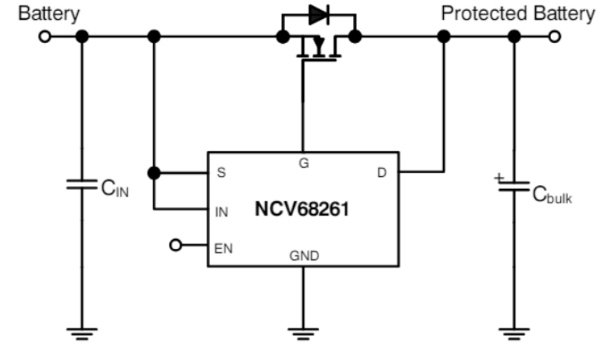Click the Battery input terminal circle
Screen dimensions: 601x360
pyautogui.click(x=45, y=37)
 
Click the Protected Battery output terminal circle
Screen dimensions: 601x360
pyautogui.click(x=554, y=37)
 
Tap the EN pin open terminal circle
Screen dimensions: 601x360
pyautogui.click(x=175, y=245)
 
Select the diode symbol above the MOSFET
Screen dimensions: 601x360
pyautogui.click(x=319, y=15)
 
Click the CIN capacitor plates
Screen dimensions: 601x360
pyautogui.click(x=82, y=185)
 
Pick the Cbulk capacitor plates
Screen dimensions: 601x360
pyautogui.click(x=514, y=187)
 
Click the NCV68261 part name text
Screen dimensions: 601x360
pyautogui.click(x=302, y=209)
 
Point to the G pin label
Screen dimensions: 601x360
pyautogui.click(x=304, y=163)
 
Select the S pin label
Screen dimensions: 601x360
pyautogui.click(x=222, y=172)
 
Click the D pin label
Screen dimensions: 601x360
pyautogui.click(x=382, y=173)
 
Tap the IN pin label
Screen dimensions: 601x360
pyautogui.click(x=222, y=212)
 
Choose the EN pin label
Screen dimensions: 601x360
pyautogui.click(x=224, y=249)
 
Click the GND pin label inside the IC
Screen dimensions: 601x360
pyautogui.click(x=305, y=256)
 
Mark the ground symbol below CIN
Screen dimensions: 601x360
pyautogui.click(x=82, y=334)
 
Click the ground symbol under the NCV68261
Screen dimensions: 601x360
pyautogui.click(x=303, y=334)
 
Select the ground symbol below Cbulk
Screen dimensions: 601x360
pyautogui.click(x=514, y=334)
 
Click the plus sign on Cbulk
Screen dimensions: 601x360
pyautogui.click(x=499, y=178)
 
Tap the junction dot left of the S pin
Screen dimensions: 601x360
pyautogui.click(x=154, y=173)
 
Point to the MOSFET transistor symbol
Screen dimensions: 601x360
pyautogui.click(x=319, y=48)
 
